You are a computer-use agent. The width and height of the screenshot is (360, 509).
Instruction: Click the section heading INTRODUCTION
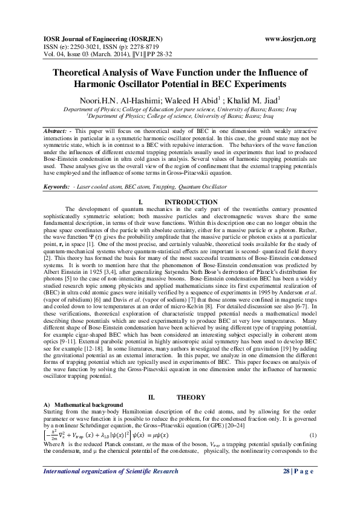(x=191, y=184)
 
